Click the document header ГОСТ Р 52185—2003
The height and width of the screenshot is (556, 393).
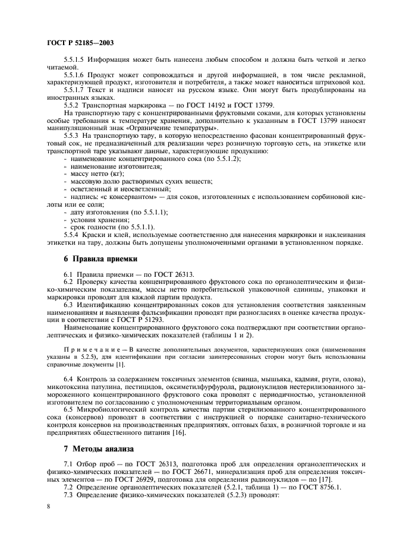(x=80, y=43)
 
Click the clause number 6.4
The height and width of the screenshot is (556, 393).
(x=69, y=379)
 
